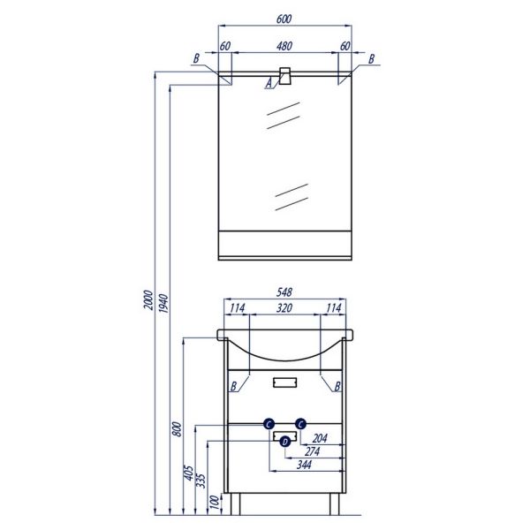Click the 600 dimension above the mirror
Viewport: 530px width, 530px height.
point(284,19)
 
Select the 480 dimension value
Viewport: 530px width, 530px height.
point(284,46)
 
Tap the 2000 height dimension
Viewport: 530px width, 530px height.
point(148,299)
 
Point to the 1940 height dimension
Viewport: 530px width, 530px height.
point(163,303)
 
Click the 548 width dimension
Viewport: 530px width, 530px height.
point(284,292)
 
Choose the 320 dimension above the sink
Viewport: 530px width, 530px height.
point(284,308)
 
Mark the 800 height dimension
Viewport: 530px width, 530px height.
point(178,428)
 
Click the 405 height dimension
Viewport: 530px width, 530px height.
point(189,473)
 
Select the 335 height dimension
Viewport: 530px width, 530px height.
point(201,481)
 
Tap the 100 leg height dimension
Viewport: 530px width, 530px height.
point(215,503)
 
